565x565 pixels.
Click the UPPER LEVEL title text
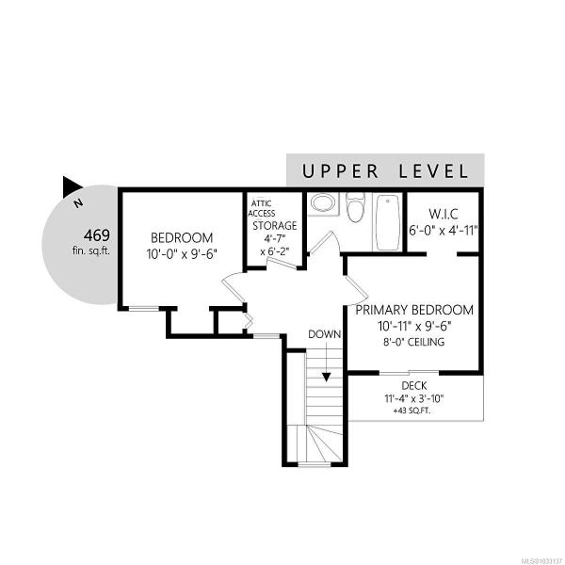point(385,171)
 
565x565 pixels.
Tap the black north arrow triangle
point(71,186)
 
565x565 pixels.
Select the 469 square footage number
point(97,235)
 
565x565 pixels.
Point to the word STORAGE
point(275,226)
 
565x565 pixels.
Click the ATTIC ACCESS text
point(262,209)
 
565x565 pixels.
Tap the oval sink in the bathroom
point(322,202)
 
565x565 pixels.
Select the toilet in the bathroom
point(355,207)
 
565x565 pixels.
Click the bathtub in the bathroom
point(388,222)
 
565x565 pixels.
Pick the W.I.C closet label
point(444,214)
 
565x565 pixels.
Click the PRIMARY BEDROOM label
point(414,310)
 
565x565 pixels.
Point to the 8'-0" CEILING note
point(413,342)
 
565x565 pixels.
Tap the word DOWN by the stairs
point(324,334)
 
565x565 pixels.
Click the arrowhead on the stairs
point(326,377)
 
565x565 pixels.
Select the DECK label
point(414,386)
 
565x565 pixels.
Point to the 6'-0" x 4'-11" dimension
point(444,230)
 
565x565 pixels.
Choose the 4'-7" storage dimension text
point(275,238)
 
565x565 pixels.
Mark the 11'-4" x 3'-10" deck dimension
point(414,398)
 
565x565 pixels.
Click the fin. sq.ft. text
point(91,250)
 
